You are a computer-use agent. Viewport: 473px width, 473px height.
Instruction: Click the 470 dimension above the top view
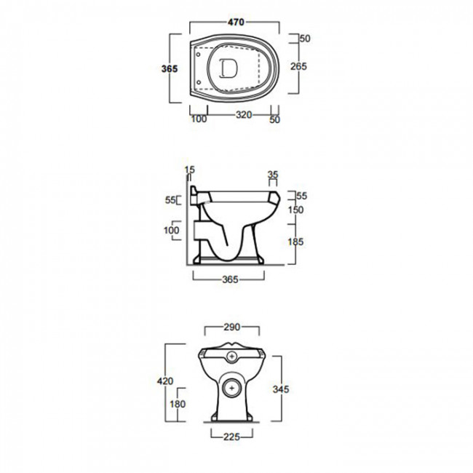point(236,22)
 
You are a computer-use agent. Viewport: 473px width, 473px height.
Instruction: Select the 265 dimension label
point(298,66)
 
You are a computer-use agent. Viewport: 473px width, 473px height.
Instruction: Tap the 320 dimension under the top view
point(244,115)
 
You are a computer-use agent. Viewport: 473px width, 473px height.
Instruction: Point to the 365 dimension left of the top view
point(170,69)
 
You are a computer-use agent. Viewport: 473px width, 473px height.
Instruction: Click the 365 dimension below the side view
point(230,279)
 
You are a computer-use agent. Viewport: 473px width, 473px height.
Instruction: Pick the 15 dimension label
point(190,170)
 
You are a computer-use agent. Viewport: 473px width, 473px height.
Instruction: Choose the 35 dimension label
point(273,175)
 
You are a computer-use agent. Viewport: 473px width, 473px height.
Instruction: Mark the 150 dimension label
point(295,210)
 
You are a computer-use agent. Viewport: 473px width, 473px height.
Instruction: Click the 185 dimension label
point(295,242)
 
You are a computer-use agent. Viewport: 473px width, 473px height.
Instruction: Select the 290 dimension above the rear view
point(232,327)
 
